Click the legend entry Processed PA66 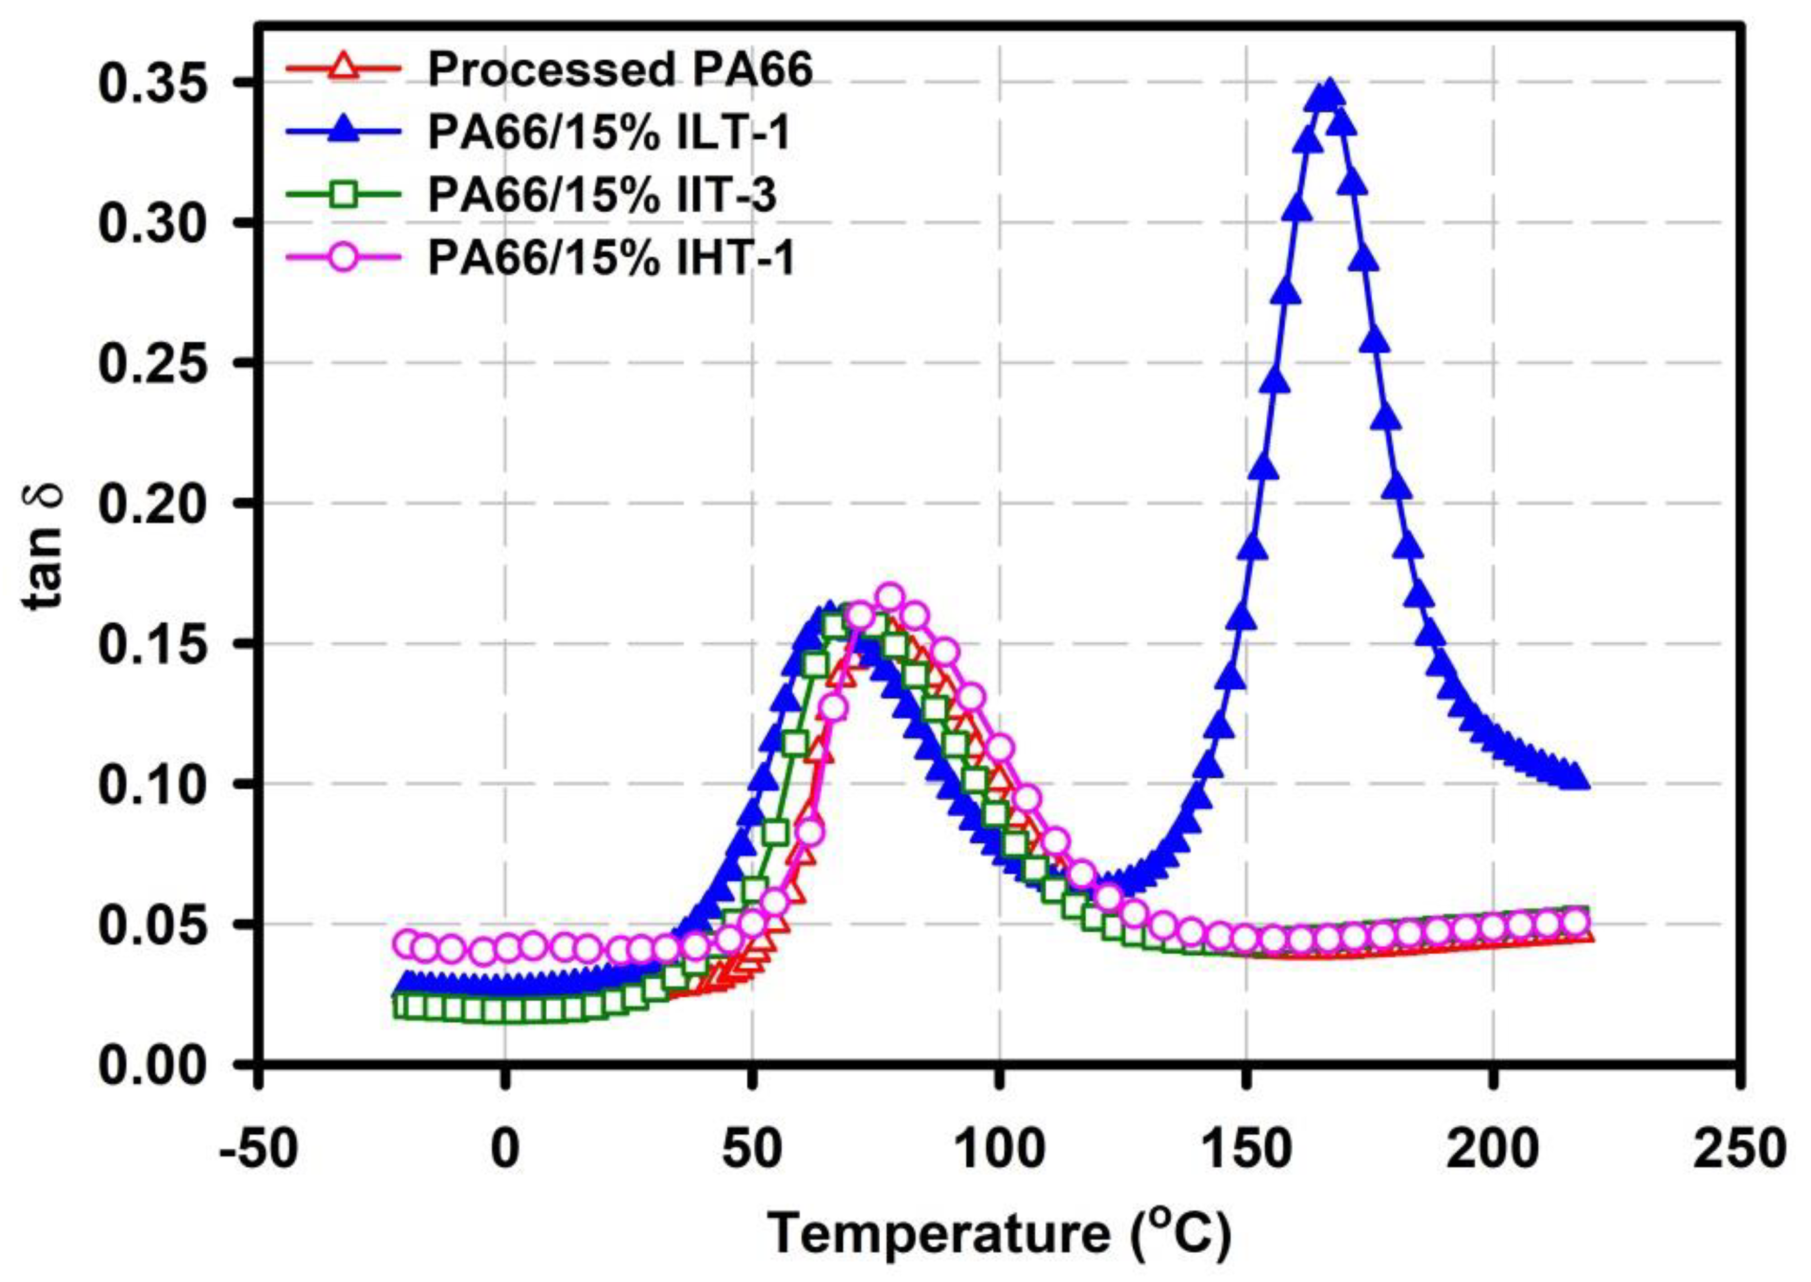click(620, 71)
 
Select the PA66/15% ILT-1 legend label click(609, 133)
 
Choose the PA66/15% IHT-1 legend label click(611, 259)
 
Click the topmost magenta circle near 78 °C click(890, 599)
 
